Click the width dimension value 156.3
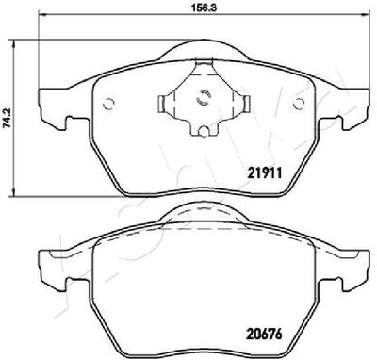coord(205,8)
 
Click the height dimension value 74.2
coord(7,118)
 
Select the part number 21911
coord(265,172)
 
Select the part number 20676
coord(264,334)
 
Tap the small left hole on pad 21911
coord(109,104)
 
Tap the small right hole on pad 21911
coord(299,104)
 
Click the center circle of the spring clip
coord(204,97)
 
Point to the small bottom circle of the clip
coord(204,131)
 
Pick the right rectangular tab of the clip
coord(246,104)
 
